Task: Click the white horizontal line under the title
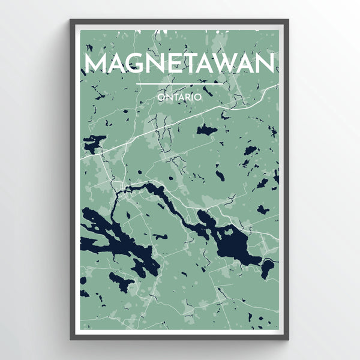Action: pos(180,84)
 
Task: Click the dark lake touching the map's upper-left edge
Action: pos(92,144)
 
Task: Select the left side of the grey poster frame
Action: pos(73,180)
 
